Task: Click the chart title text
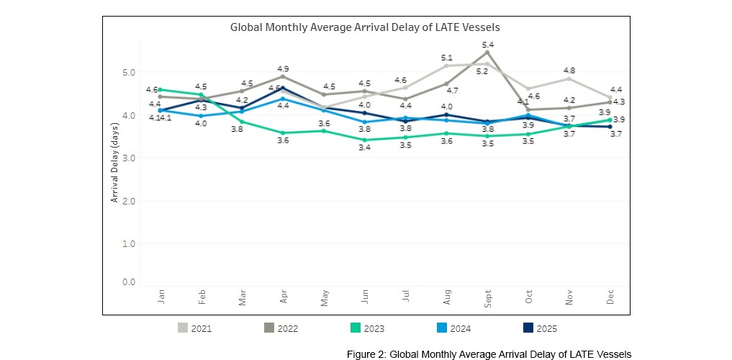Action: [x=365, y=27]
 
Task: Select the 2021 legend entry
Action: [x=195, y=328]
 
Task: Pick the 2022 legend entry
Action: [x=281, y=328]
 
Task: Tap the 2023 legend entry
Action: [x=366, y=328]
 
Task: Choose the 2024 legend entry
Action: [x=453, y=328]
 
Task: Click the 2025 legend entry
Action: [x=540, y=328]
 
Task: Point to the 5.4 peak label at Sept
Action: [x=487, y=45]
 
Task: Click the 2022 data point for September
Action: [x=487, y=53]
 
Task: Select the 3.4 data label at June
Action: [x=365, y=148]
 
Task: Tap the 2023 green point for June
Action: [x=365, y=140]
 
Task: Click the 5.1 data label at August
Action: [x=446, y=58]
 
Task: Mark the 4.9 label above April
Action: [x=283, y=68]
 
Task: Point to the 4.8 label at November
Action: [x=569, y=71]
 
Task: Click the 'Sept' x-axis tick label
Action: [x=487, y=298]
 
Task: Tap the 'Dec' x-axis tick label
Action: [x=610, y=298]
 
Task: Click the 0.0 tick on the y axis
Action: [x=128, y=282]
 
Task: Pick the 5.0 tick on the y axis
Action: [x=128, y=73]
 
